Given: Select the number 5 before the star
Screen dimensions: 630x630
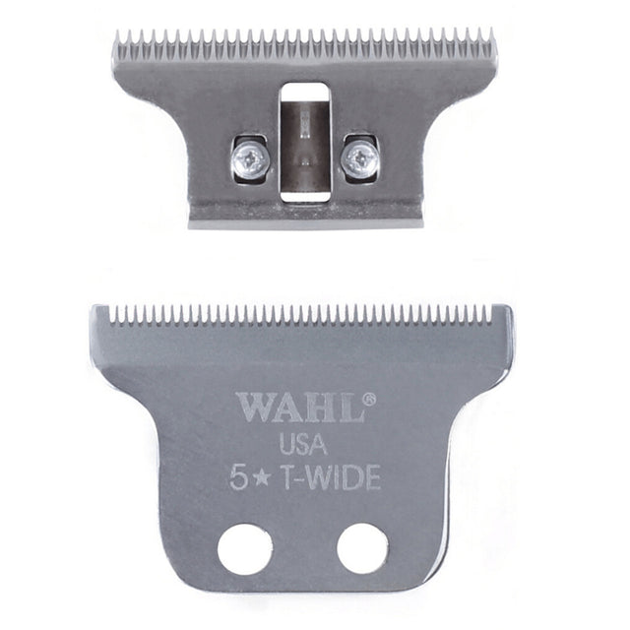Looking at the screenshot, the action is (x=238, y=477).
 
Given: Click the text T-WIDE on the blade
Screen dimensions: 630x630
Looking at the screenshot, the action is (x=331, y=477).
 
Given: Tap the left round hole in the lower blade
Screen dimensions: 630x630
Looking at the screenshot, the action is (x=245, y=549).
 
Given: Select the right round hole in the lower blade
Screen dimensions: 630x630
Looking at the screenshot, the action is (x=363, y=549).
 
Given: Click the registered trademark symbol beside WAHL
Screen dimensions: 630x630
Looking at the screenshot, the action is (x=370, y=398).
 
